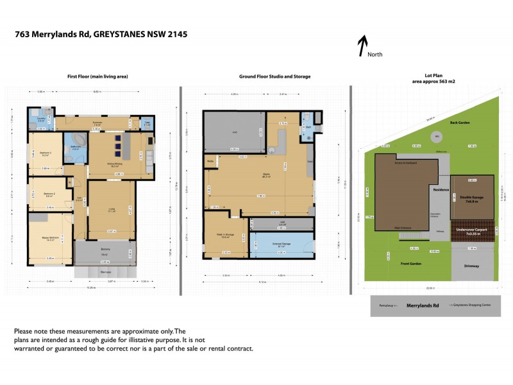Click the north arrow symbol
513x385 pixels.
[x=362, y=46]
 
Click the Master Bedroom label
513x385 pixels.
[x=50, y=237]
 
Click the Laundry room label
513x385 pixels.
[x=41, y=118]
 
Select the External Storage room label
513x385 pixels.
[x=281, y=244]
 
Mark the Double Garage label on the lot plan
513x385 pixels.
[x=471, y=198]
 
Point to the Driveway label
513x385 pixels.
[x=471, y=266]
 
